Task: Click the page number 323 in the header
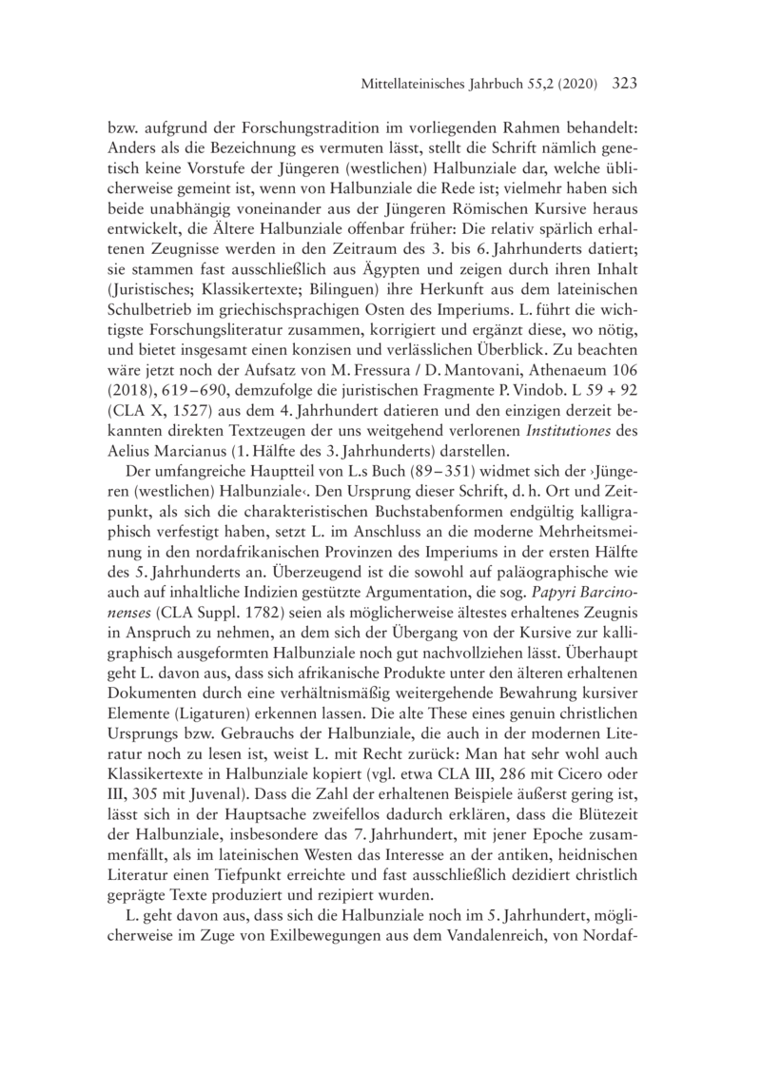(x=619, y=84)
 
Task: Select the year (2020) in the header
(x=572, y=85)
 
